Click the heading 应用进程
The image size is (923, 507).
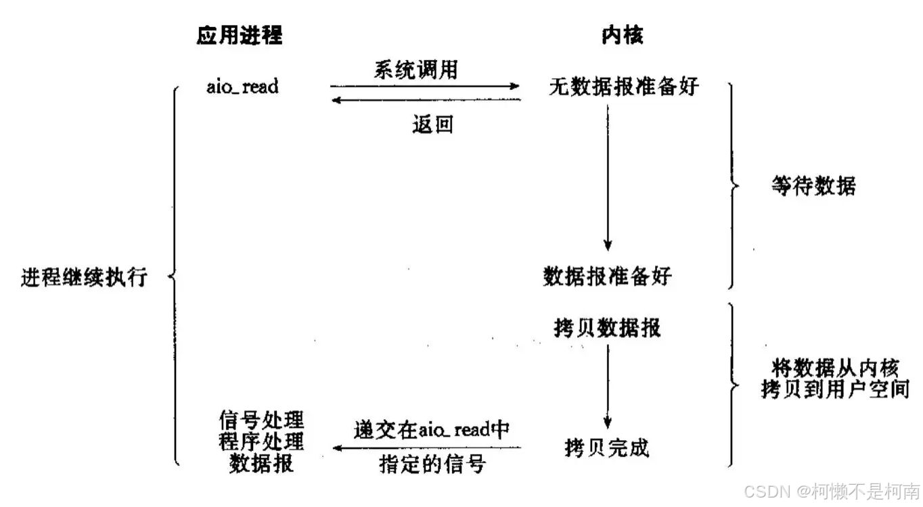[x=239, y=35]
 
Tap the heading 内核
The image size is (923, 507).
[x=622, y=35]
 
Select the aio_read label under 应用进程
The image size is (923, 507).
[x=242, y=87]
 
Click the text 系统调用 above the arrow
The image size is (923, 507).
[x=415, y=70]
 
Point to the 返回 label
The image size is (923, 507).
[x=432, y=125]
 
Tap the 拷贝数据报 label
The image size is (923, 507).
[x=607, y=327]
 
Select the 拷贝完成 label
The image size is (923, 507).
[x=607, y=448]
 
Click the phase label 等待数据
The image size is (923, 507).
[x=813, y=186]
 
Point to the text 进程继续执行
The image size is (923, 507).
[x=84, y=277]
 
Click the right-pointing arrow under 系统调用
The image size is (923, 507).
[x=424, y=87]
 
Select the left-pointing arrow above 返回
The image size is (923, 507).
[x=424, y=100]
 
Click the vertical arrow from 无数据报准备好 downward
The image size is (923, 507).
[x=608, y=176]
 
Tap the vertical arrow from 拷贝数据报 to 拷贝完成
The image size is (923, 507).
[x=608, y=385]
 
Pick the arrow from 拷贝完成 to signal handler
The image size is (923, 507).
[x=426, y=448]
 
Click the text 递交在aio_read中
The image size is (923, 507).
[x=431, y=430]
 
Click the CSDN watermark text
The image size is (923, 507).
[x=832, y=489]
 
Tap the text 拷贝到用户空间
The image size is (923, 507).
[x=835, y=390]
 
